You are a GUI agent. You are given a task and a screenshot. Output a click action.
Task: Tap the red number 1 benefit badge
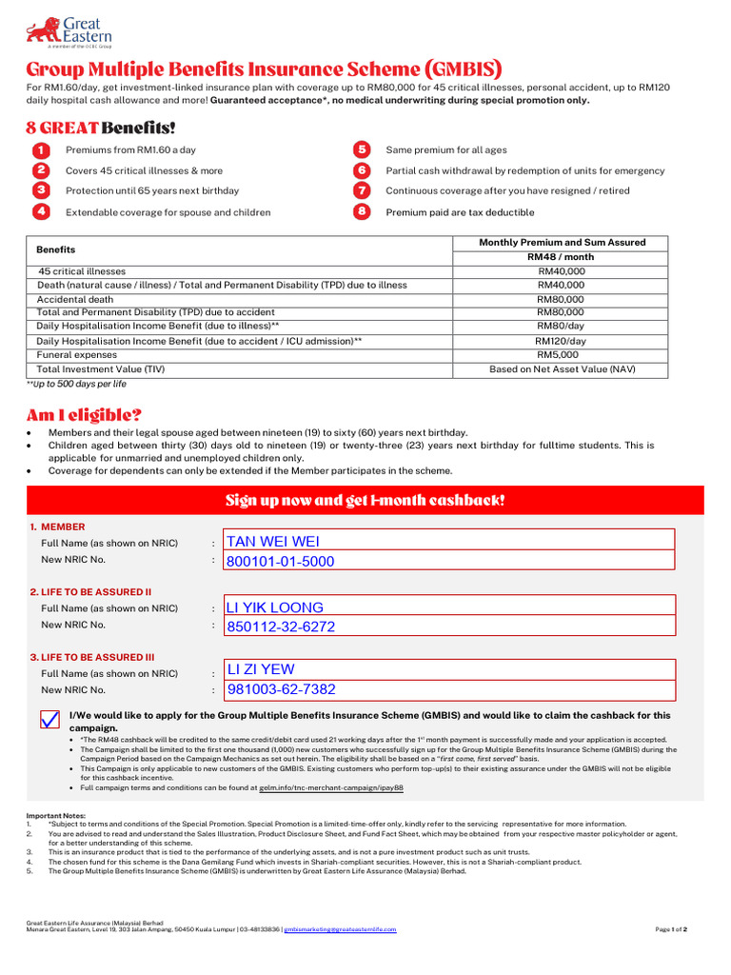pyautogui.click(x=41, y=150)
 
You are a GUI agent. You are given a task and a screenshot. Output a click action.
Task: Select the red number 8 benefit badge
pyautogui.click(x=362, y=211)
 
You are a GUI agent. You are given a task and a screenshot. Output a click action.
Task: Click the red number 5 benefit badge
pyautogui.click(x=362, y=150)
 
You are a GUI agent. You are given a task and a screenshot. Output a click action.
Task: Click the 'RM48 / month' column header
pyautogui.click(x=560, y=257)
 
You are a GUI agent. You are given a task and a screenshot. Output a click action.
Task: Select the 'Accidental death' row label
pyautogui.click(x=76, y=299)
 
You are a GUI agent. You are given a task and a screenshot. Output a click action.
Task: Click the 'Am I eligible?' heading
pyautogui.click(x=84, y=415)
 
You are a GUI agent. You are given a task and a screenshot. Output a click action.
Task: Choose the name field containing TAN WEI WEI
pyautogui.click(x=448, y=541)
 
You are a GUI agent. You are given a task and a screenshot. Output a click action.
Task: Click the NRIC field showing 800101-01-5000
pyautogui.click(x=448, y=562)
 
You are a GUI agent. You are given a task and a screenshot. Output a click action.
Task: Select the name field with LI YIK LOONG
pyautogui.click(x=448, y=607)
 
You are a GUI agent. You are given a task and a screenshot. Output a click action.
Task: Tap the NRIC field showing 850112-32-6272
pyautogui.click(x=448, y=627)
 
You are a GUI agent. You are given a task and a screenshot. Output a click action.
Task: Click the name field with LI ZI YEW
pyautogui.click(x=448, y=669)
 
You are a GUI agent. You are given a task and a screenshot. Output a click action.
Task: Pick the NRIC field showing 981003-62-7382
pyautogui.click(x=448, y=689)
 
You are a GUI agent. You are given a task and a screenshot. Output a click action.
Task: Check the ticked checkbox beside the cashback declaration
pyautogui.click(x=50, y=720)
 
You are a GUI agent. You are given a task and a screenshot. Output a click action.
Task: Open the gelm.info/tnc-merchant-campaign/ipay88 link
pyautogui.click(x=331, y=788)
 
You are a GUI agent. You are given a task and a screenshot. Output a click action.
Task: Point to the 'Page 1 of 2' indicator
pyautogui.click(x=671, y=929)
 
